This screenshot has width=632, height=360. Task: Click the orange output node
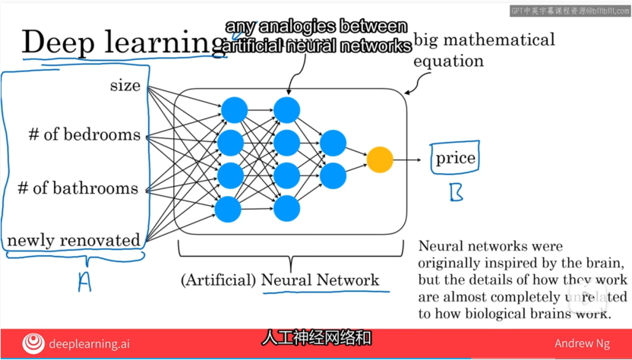pos(380,159)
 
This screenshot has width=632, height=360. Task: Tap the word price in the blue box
pos(455,159)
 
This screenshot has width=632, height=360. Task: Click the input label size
pos(125,85)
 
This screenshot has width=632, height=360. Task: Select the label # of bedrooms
pos(84,135)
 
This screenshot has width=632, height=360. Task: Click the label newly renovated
pos(74,240)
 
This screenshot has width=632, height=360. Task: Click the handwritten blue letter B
pos(456,193)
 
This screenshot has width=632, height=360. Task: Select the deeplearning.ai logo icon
pos(33,344)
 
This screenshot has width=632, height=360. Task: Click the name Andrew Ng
pos(586,344)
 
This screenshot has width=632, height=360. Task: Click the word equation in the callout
pos(448,62)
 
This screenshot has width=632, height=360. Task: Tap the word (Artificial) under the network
pos(218,280)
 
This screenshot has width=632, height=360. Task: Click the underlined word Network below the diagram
pos(350,280)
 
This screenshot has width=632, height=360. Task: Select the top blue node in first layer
pos(234,110)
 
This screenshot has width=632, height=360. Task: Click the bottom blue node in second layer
pos(286,207)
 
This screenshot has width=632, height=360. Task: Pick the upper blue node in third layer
pos(333,143)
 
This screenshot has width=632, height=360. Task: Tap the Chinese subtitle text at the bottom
pos(317,336)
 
